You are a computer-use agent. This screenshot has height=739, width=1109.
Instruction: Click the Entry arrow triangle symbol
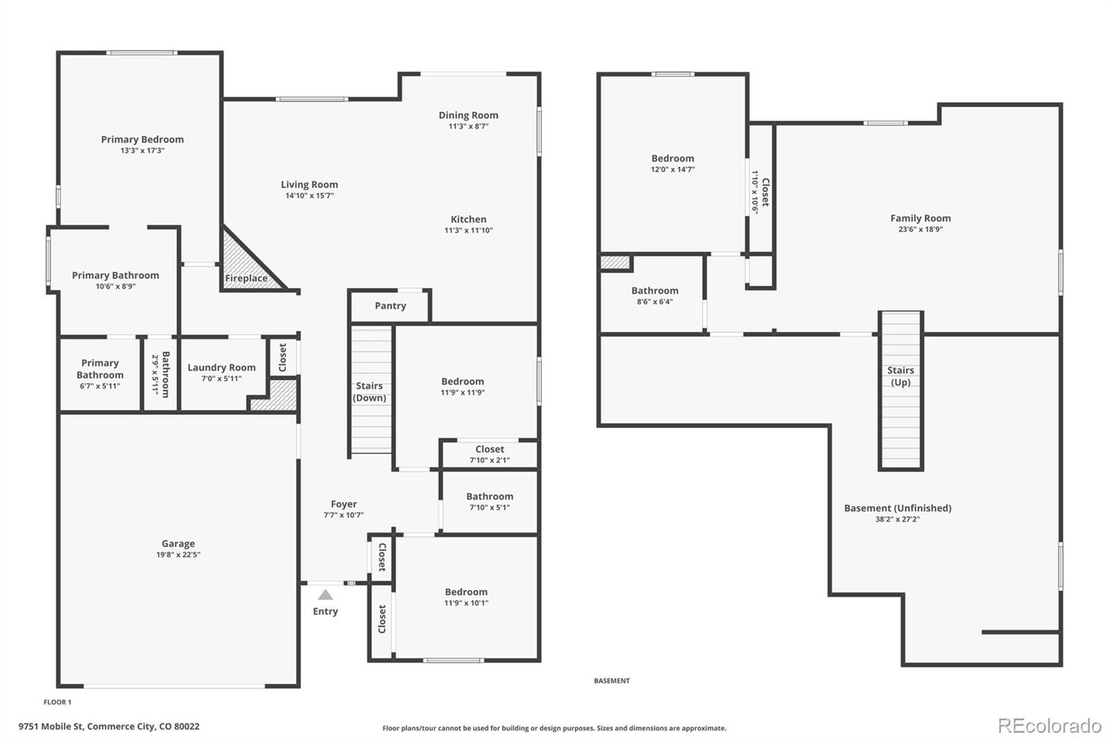(x=325, y=595)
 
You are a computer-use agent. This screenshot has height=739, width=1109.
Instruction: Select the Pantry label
(x=390, y=306)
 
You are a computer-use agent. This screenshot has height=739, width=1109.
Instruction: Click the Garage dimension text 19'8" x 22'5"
(x=178, y=555)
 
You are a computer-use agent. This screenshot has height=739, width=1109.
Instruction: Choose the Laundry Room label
(x=221, y=367)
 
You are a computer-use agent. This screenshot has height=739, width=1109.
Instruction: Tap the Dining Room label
(x=468, y=115)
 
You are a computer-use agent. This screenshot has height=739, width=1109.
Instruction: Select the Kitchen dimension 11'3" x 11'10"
(x=468, y=230)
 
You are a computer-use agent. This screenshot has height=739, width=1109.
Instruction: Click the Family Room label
(x=920, y=218)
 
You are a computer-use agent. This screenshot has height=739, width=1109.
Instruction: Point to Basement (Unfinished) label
(x=897, y=508)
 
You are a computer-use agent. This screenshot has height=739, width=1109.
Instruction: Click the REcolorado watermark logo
(x=1049, y=725)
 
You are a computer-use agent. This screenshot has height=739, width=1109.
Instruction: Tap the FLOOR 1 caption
(x=58, y=702)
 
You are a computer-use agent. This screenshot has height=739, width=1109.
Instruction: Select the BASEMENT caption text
(x=611, y=681)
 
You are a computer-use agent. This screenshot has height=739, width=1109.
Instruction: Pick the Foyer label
(x=344, y=504)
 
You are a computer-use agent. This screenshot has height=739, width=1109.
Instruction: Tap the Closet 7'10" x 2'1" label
(x=489, y=449)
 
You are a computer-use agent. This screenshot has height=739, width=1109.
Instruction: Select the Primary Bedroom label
(x=142, y=139)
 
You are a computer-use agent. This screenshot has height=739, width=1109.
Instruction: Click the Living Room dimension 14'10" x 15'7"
(x=309, y=195)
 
